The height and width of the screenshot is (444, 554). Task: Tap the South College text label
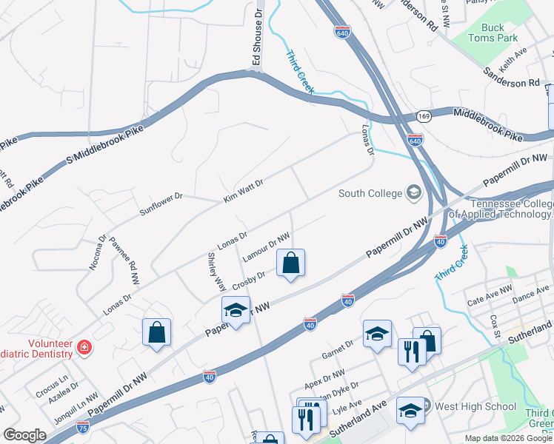369,194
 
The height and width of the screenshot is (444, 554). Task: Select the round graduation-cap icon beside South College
413,194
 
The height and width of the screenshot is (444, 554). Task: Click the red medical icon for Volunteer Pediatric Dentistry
84,346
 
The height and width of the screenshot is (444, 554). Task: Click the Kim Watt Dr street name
244,191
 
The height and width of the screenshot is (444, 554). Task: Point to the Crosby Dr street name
249,281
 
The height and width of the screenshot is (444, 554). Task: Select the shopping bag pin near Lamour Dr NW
291,263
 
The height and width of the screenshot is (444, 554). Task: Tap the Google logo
24,435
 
